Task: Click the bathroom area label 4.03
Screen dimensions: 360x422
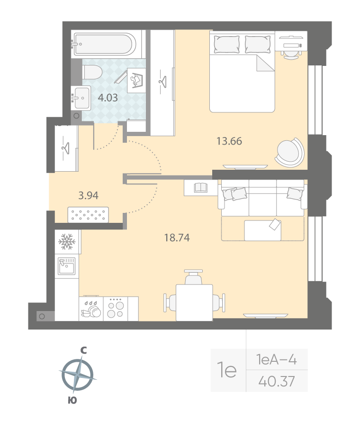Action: click(108, 98)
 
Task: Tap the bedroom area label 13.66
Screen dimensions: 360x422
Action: click(229, 141)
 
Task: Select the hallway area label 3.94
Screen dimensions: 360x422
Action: click(88, 195)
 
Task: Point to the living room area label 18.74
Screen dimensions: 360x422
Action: click(177, 238)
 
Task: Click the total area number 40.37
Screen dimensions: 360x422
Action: click(277, 381)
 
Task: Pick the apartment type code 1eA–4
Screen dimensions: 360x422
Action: click(277, 359)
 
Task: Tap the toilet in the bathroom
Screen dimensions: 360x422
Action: click(92, 72)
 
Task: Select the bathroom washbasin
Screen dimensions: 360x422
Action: click(81, 98)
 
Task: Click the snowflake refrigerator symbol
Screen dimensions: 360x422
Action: click(67, 241)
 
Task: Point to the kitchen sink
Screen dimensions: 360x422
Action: click(66, 266)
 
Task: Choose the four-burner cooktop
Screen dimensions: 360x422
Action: click(116, 309)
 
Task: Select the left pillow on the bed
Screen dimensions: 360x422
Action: click(226, 45)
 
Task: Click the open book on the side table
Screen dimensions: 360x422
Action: click(201, 187)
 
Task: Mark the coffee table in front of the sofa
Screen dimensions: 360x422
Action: click(263, 230)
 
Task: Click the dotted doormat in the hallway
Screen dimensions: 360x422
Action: click(88, 215)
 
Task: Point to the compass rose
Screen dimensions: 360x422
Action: click(78, 375)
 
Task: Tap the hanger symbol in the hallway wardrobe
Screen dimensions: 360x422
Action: click(65, 148)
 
